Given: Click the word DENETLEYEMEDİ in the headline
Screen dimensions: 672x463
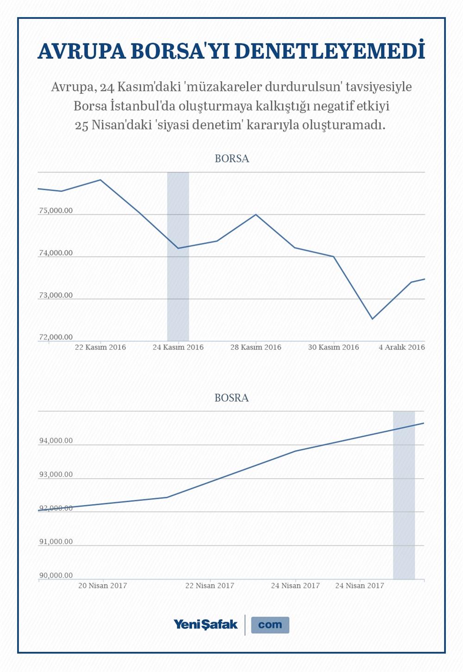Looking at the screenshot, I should pos(330,52).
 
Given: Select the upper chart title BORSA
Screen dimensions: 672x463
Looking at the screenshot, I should pos(231,159).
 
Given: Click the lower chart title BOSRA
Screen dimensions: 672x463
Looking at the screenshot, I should pos(231,398).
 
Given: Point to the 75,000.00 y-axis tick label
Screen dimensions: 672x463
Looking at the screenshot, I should pos(56,210).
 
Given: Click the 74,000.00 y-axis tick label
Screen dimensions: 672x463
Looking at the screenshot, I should pos(56,253).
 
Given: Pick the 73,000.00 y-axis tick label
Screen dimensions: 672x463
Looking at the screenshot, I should pos(56,295).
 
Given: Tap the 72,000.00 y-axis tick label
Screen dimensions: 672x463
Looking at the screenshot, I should pos(56,337).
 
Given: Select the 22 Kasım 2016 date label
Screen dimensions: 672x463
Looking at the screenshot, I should pos(100,347).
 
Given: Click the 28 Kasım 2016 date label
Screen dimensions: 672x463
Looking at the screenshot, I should pos(256,347).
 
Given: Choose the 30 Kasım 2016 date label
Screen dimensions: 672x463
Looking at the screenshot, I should pos(333,347).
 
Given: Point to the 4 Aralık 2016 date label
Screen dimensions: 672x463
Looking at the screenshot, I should pos(401,347).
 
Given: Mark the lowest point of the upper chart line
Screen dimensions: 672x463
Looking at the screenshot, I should pos(372,319).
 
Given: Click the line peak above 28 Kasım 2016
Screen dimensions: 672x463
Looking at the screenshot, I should pos(256,215).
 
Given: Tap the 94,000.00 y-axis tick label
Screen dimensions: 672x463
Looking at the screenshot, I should pos(56,441).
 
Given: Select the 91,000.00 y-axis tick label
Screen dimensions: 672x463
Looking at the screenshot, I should pos(56,542).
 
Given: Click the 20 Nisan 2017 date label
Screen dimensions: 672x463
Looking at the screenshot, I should pos(102,586).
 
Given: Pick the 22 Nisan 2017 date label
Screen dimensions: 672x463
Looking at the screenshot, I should pos(210,586).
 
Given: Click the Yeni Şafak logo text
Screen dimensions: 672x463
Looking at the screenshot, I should pos(206,624).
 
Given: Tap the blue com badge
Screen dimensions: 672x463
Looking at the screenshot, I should pos(270,625).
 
